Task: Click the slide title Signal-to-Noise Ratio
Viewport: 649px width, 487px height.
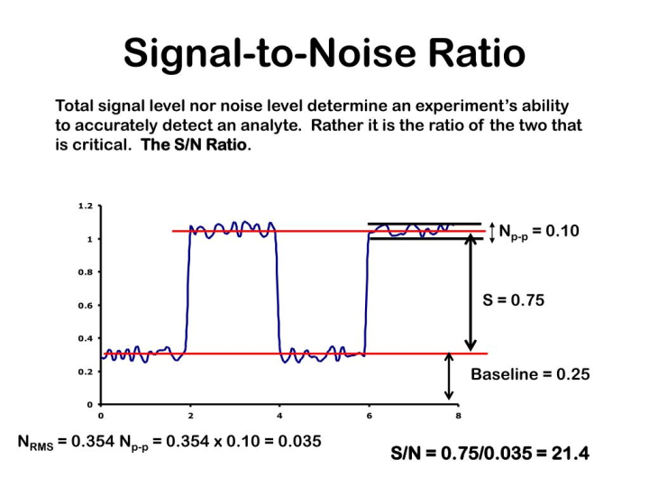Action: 324,53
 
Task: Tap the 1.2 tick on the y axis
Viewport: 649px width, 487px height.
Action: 85,206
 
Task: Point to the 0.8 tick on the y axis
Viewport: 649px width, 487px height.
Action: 85,271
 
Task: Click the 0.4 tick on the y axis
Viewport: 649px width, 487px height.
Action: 85,338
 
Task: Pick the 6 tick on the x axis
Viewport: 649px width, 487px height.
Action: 368,416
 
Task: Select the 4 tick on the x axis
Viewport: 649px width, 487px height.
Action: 279,416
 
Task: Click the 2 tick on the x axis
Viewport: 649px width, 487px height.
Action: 189,416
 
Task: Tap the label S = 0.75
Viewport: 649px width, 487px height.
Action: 513,301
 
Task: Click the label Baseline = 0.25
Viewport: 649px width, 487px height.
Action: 530,374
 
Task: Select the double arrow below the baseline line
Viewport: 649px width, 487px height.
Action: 449,376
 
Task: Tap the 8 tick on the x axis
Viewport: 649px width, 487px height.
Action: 457,416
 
